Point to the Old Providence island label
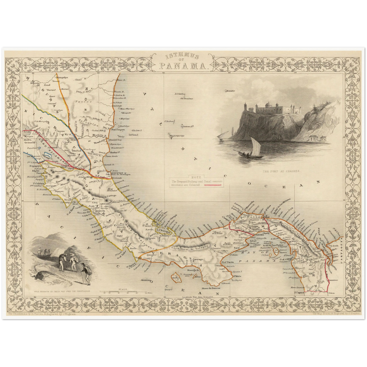coord(187,98)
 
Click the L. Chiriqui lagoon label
coord(161,230)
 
